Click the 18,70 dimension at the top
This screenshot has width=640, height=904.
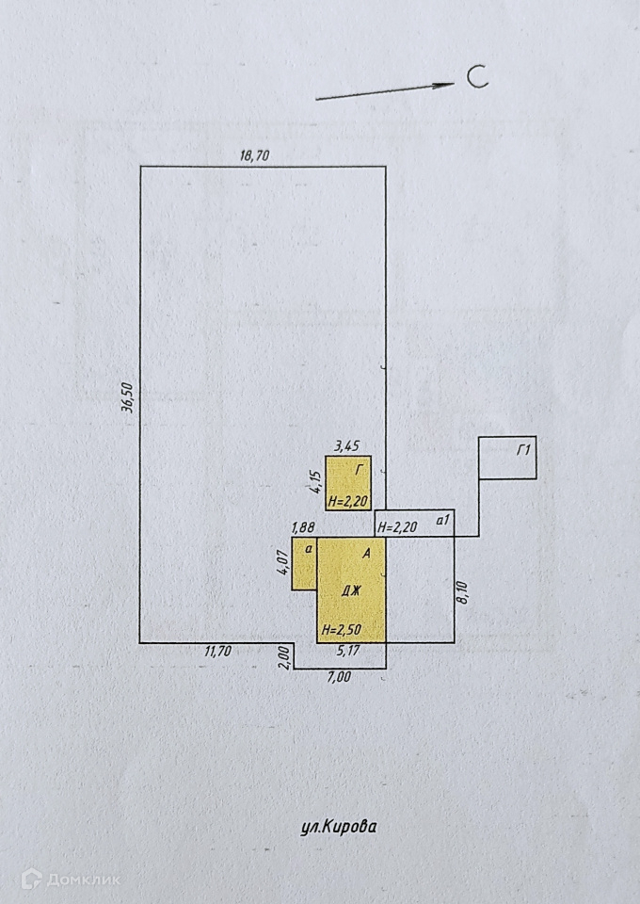coord(255,155)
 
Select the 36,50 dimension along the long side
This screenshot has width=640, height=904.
coord(127,397)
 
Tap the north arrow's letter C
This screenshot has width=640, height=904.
coord(477,76)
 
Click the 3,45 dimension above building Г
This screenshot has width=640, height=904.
coord(347,445)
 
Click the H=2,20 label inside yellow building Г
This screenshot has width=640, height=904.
coord(348,502)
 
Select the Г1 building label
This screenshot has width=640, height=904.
coord(523,450)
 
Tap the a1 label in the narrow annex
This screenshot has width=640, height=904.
coord(442,520)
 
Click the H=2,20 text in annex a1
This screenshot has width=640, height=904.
coord(397,527)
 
